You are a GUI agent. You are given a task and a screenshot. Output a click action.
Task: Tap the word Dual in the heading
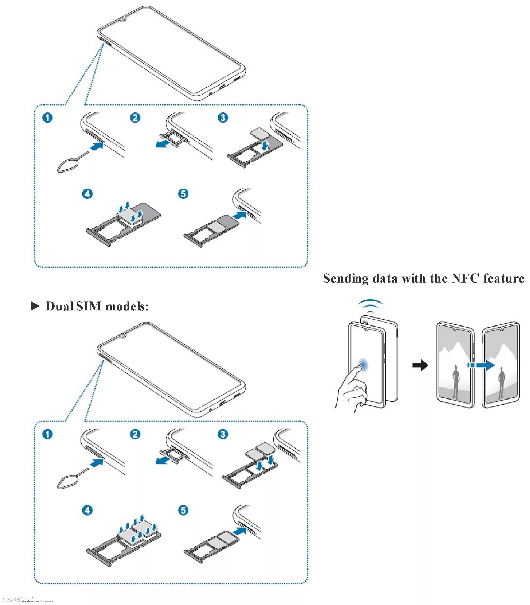[59, 306]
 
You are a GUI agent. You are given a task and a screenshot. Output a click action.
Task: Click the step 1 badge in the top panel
[48, 118]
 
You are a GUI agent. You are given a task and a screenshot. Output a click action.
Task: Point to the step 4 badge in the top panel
[87, 194]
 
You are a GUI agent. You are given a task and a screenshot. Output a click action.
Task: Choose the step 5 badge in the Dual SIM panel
[183, 510]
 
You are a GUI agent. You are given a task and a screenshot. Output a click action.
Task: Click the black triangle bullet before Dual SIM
[35, 306]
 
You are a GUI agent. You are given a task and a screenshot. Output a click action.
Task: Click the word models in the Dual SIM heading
[127, 306]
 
